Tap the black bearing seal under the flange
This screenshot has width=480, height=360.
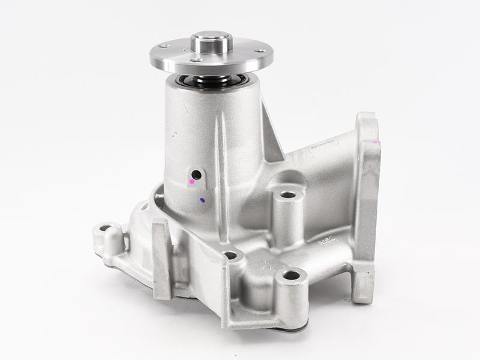coord(210,80)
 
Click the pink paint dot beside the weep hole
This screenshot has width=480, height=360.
coord(193,181)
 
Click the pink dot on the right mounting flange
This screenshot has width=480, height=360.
coord(375,142)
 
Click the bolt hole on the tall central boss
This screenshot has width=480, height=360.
coord(288,195)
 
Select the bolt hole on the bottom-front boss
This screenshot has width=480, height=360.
coord(291,275)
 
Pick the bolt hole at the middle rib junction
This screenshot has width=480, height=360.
coord(230,256)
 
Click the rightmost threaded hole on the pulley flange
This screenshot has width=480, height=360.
coord(260,51)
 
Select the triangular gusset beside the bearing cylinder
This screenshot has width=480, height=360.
coord(271,135)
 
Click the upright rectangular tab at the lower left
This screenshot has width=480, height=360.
coord(162,258)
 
